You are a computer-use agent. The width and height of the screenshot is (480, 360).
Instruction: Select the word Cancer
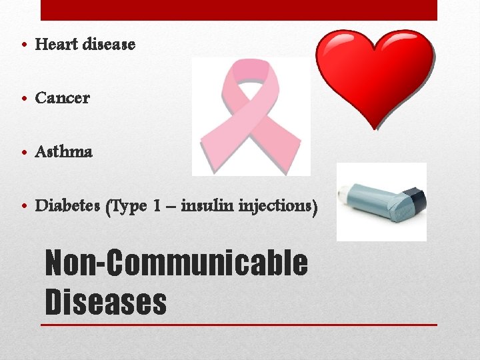point(62,98)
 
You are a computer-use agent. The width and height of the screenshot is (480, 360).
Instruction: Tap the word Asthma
point(63,151)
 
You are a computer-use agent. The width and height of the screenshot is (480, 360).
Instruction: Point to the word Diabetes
point(67,205)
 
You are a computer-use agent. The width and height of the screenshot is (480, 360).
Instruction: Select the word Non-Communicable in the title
point(176,263)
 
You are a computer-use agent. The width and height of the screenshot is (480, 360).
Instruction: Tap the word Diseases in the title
point(105,301)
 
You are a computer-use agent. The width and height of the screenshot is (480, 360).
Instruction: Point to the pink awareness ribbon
point(251,117)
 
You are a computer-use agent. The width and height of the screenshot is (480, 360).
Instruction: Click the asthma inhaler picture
point(381,201)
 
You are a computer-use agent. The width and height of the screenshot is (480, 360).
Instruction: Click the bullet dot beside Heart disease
point(23,45)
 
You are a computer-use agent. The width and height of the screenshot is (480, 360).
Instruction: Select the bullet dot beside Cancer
point(23,99)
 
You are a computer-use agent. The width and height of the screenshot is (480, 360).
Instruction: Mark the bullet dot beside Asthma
point(23,152)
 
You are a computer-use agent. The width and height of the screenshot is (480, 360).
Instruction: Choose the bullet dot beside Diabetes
point(23,206)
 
